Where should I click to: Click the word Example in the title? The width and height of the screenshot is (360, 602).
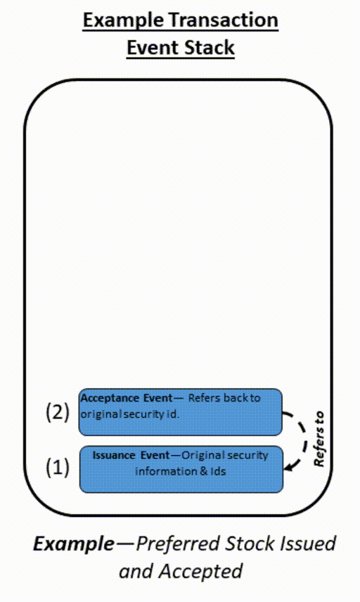click(x=119, y=20)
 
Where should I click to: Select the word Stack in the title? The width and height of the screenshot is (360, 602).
click(x=207, y=49)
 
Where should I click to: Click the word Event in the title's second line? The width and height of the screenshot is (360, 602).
click(x=151, y=49)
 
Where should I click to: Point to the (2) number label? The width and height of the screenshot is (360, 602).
click(x=58, y=412)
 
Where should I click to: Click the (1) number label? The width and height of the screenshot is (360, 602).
click(x=58, y=467)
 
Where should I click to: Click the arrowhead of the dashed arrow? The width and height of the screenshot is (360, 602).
click(x=288, y=464)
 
